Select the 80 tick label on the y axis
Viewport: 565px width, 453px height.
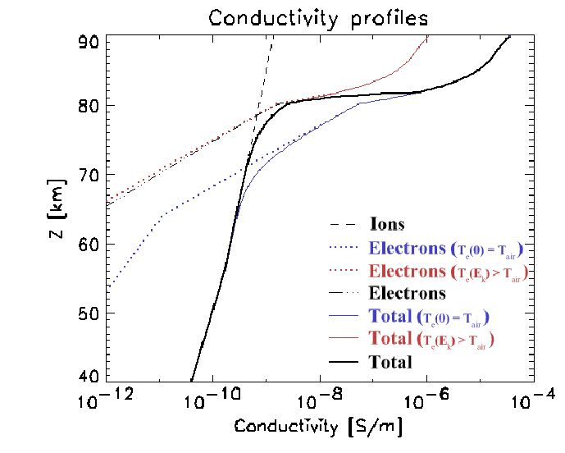[93, 106]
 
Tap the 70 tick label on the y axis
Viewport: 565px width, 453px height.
[93, 175]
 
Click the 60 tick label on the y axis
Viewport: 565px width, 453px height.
[93, 244]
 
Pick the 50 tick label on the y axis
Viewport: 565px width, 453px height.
[93, 313]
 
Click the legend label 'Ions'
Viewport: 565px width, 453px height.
[386, 224]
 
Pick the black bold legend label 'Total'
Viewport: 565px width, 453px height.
[390, 362]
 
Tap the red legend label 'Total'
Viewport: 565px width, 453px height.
[390, 339]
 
